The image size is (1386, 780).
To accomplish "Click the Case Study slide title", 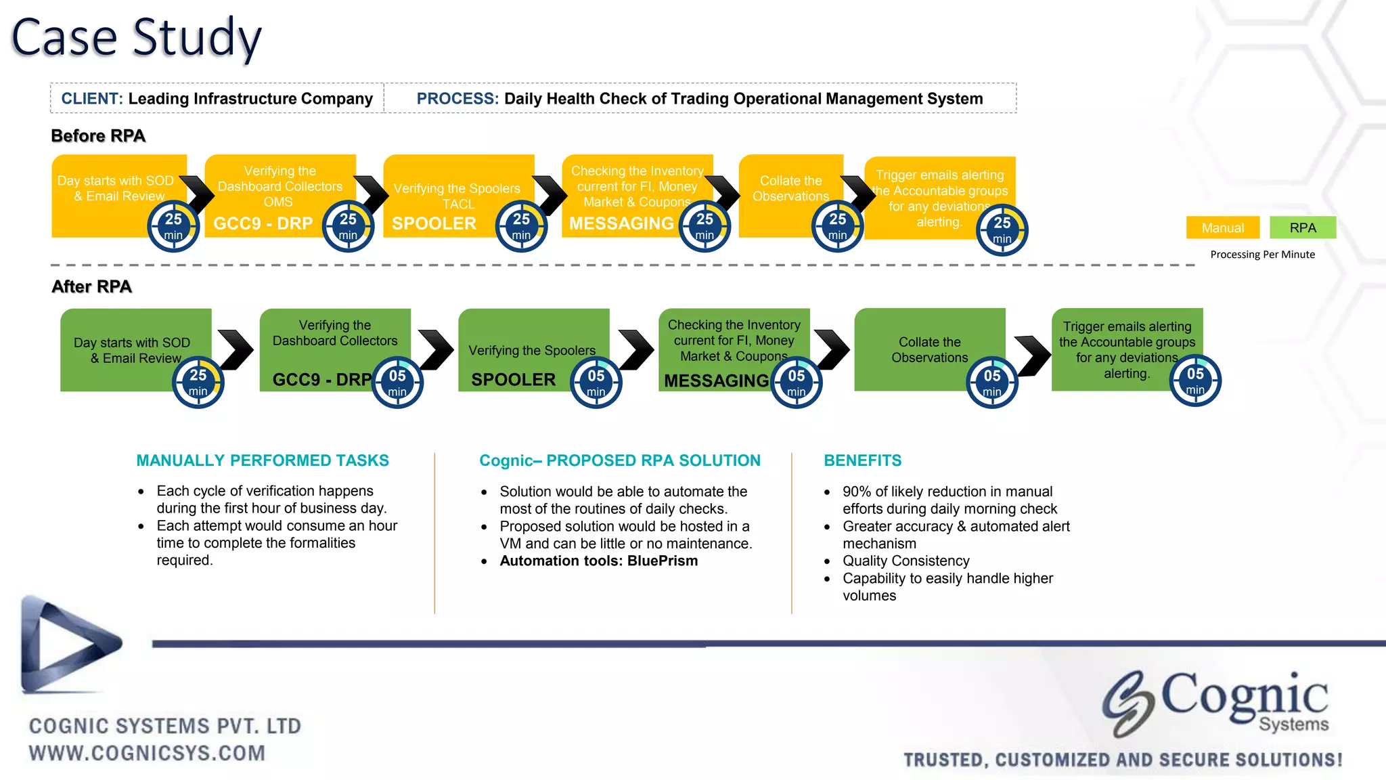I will coord(136,38).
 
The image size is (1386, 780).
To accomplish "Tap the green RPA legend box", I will coord(1302,227).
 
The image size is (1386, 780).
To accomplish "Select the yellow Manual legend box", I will coord(1222,227).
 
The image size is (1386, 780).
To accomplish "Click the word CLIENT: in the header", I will coord(92,99).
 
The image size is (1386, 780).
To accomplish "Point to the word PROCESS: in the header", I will coord(457,99).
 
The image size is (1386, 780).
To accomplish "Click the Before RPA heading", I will coord(98,136).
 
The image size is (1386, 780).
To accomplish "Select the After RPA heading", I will coord(91,286).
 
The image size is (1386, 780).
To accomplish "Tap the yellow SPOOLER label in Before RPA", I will coord(434,223).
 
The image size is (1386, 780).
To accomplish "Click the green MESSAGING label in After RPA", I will coord(716,381).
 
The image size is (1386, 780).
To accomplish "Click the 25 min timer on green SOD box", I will coord(198,382).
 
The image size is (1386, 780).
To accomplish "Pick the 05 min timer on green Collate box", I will coord(991,383).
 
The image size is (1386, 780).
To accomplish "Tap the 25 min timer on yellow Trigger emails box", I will coord(1002,230).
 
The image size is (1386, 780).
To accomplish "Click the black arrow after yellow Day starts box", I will coord(197,194).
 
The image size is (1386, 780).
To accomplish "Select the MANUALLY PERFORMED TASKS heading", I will coord(263,460).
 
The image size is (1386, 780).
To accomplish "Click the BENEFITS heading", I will coord(862,460).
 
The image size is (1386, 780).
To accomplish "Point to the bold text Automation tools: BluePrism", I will coord(598,561).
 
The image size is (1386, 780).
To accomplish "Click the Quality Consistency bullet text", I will coord(906,561).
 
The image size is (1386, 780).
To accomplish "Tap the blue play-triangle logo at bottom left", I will coord(68,645).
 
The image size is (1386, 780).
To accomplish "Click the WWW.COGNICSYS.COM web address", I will coord(147,753).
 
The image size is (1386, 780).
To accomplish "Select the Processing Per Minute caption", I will coord(1262,255).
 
